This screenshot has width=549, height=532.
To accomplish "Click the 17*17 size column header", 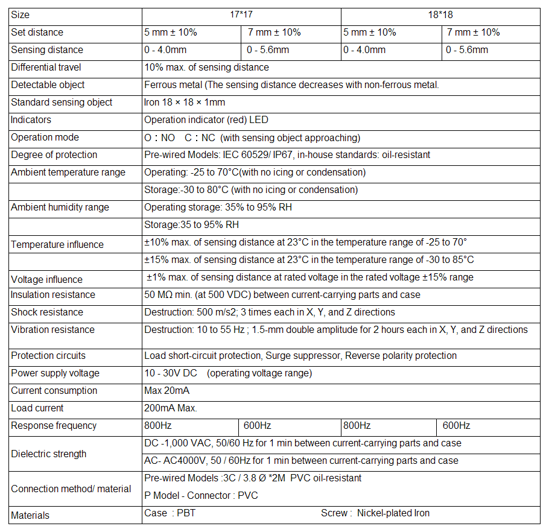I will coord(241,14).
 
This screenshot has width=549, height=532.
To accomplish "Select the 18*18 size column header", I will coord(440,14).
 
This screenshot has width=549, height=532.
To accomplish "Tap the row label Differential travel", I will coord(46,67).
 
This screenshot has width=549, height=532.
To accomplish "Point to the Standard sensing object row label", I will coord(62,102).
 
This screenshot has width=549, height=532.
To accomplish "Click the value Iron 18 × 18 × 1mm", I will coord(185,102).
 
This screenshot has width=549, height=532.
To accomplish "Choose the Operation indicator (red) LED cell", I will coord(206,119).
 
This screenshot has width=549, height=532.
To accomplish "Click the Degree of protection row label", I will coord(54,154).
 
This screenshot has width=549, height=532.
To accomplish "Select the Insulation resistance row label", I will coord(53,294).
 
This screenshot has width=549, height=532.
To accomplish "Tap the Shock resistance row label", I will coord(48,312).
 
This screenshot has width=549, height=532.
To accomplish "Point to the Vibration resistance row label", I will coord(52,329).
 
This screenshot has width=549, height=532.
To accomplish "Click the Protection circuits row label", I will coord(48,355).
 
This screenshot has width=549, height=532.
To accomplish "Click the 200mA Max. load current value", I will coord(171,408).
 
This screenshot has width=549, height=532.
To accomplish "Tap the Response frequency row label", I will coord(54,425).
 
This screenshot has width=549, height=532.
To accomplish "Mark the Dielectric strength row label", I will coord(49,454).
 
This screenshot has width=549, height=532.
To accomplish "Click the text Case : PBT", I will coord(170,513).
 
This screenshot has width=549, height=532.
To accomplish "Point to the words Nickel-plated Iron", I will coord(393,513).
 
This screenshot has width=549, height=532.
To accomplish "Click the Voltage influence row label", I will coord(47,279).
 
